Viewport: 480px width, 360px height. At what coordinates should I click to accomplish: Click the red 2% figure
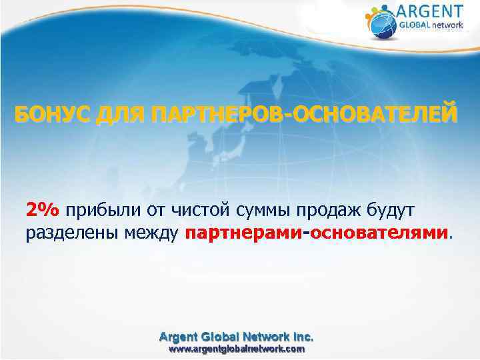[43, 211]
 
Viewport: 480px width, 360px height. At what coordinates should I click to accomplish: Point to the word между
[151, 233]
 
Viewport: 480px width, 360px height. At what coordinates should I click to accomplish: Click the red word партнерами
[243, 233]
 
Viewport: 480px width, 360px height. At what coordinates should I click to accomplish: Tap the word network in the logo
[448, 26]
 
